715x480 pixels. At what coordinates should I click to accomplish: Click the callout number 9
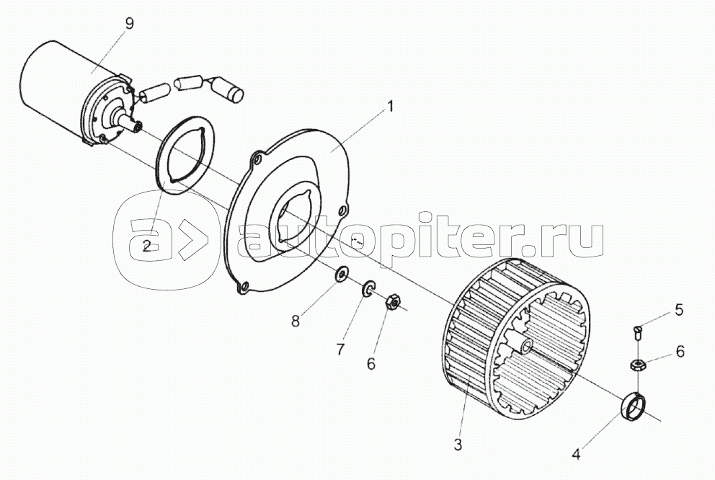tap(130, 24)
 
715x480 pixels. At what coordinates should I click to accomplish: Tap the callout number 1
tap(389, 107)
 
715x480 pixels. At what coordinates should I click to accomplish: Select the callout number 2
tap(147, 246)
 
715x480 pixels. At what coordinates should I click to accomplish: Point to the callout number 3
tap(458, 444)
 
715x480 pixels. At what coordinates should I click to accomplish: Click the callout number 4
tap(577, 455)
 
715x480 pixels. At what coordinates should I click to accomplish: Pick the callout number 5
tap(680, 310)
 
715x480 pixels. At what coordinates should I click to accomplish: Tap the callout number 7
tap(340, 350)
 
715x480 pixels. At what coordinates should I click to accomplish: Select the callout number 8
tap(296, 321)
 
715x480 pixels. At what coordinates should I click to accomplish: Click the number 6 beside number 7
tap(370, 364)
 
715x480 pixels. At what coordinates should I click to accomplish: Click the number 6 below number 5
tap(680, 352)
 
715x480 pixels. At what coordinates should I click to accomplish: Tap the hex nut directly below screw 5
tap(636, 364)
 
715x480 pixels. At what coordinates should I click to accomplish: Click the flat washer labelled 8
tap(341, 275)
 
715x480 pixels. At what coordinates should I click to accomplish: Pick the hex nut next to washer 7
tap(392, 303)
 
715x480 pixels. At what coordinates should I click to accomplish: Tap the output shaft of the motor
tap(130, 124)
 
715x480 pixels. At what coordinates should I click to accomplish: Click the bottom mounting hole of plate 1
tap(245, 286)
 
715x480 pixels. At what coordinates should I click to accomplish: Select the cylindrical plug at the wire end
tap(235, 90)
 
